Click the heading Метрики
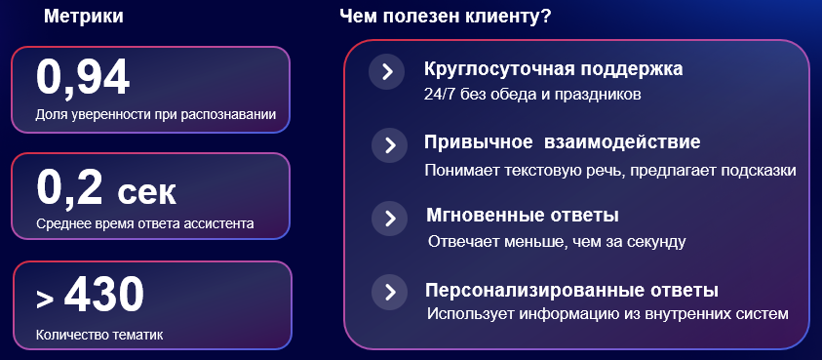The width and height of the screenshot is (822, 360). tap(84, 18)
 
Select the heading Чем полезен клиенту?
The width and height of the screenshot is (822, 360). tap(445, 18)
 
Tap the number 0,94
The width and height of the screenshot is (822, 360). tap(83, 78)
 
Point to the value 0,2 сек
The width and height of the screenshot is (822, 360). tap(106, 188)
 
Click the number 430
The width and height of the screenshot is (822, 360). tap(104, 295)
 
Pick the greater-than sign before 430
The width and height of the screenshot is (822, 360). tap(45, 299)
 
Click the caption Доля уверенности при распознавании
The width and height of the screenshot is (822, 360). tap(155, 115)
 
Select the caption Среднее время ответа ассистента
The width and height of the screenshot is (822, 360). tap(144, 223)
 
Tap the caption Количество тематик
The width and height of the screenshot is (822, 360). tap(98, 335)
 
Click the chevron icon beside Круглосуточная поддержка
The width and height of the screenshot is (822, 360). tap(387, 71)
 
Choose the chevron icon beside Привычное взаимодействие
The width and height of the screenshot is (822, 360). tap(389, 145)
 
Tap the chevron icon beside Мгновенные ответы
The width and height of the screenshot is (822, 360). tap(389, 218)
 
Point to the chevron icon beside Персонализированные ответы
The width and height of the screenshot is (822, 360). tap(389, 292)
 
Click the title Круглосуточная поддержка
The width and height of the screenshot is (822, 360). tap(553, 70)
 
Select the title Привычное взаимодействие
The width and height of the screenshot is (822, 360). tap(562, 142)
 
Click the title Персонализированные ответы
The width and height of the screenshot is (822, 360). tap(571, 290)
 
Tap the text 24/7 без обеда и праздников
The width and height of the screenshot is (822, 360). tap(533, 96)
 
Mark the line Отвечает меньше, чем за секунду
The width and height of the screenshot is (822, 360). tap(557, 241)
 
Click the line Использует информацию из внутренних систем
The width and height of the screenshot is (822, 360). tap(607, 313)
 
